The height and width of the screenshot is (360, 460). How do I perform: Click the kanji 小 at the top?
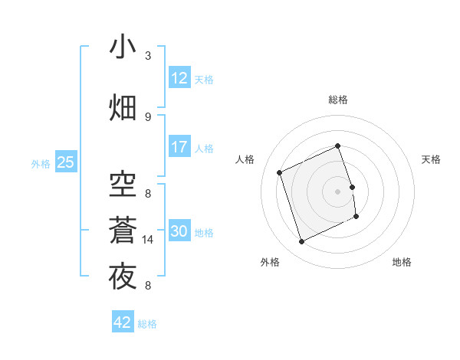pos(123,47)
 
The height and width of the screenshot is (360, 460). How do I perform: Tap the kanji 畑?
pos(123,108)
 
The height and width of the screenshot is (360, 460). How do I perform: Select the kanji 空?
pos(123,185)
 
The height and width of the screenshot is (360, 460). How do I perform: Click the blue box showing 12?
pos(179,78)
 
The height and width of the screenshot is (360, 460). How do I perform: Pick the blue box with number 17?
pos(179,147)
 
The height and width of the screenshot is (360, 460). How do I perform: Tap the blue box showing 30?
pos(179,231)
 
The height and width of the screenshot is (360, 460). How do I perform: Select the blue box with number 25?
pos(65,162)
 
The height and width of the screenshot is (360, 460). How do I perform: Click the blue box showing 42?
pos(123,322)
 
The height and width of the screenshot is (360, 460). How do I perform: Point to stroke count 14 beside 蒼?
pos(148,240)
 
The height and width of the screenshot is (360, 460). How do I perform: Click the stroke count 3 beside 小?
pos(148,56)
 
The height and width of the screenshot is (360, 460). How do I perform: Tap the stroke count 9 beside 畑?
pos(148,116)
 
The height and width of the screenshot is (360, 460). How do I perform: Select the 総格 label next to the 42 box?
pos(147,324)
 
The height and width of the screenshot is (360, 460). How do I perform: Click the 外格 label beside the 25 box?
pos(41,163)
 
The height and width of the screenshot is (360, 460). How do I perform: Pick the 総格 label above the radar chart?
pos(338,100)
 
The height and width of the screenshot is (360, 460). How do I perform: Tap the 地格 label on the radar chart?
pos(402,262)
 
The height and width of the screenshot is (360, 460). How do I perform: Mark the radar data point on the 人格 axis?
pos(280,172)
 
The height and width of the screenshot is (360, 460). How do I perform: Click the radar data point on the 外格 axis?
pos(301,242)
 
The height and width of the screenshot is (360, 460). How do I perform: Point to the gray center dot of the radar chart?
pos(338,191)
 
